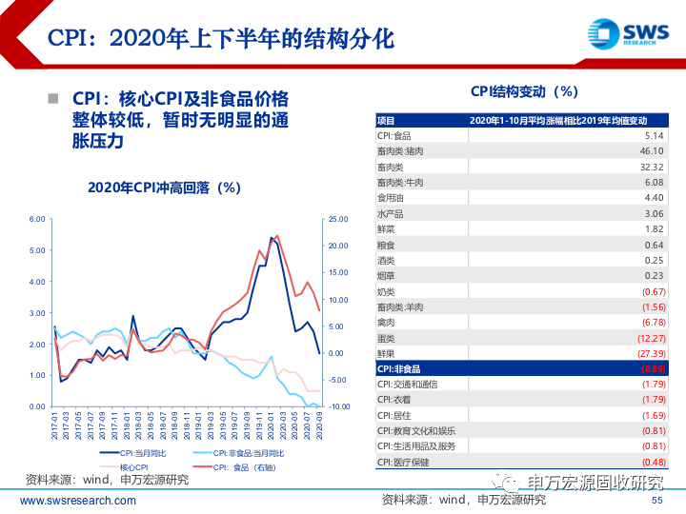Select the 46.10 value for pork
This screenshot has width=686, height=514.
(x=652, y=151)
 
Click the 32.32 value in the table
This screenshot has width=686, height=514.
(x=652, y=167)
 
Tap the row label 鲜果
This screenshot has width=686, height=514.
(x=387, y=353)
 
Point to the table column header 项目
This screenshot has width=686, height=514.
(x=386, y=121)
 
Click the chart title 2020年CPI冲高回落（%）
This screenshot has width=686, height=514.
(x=163, y=188)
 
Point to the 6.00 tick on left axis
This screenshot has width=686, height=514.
(x=36, y=219)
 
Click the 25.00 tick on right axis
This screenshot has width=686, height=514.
(x=338, y=219)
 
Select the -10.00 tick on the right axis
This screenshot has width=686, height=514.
(x=338, y=406)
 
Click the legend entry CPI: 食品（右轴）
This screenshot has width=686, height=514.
(x=259, y=467)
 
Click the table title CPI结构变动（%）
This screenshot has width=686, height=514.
(x=524, y=91)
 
